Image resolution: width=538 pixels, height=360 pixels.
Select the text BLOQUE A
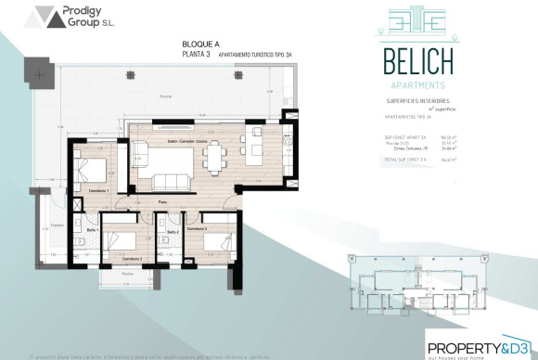point(202,44)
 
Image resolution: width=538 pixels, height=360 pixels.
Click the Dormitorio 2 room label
point(119,258)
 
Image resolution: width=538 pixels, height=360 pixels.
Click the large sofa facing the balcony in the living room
point(170,182)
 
